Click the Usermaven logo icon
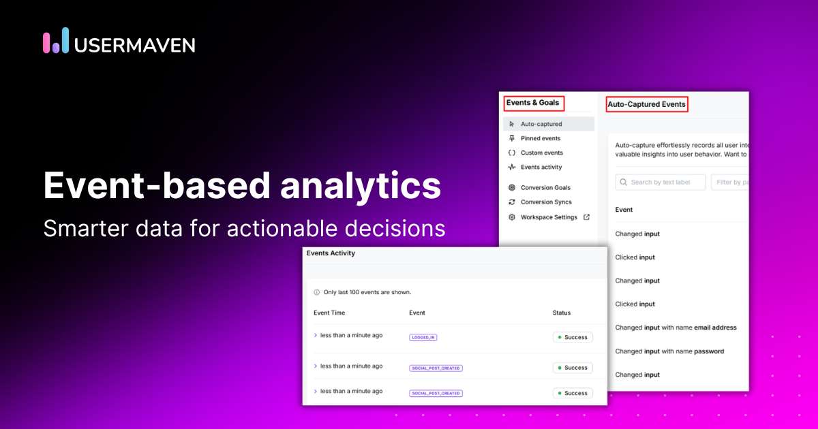pyautogui.click(x=56, y=40)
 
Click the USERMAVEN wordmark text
pyautogui.click(x=134, y=45)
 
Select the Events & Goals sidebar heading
pyautogui.click(x=532, y=104)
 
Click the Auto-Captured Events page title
pyautogui.click(x=646, y=104)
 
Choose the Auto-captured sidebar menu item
pyautogui.click(x=541, y=124)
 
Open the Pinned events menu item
pyautogui.click(x=541, y=138)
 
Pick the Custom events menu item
pyautogui.click(x=542, y=153)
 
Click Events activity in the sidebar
pyautogui.click(x=541, y=167)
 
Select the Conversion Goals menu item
pyautogui.click(x=545, y=187)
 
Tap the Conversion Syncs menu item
pyautogui.click(x=546, y=202)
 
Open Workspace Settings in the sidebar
pyautogui.click(x=549, y=217)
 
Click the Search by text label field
pyautogui.click(x=661, y=182)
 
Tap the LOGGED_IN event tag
pyautogui.click(x=423, y=337)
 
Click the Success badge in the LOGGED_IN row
pyautogui.click(x=573, y=337)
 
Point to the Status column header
pyautogui.click(x=562, y=313)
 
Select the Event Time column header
pyautogui.click(x=329, y=313)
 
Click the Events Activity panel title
pyautogui.click(x=331, y=253)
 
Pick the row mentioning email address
pyautogui.click(x=676, y=328)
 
